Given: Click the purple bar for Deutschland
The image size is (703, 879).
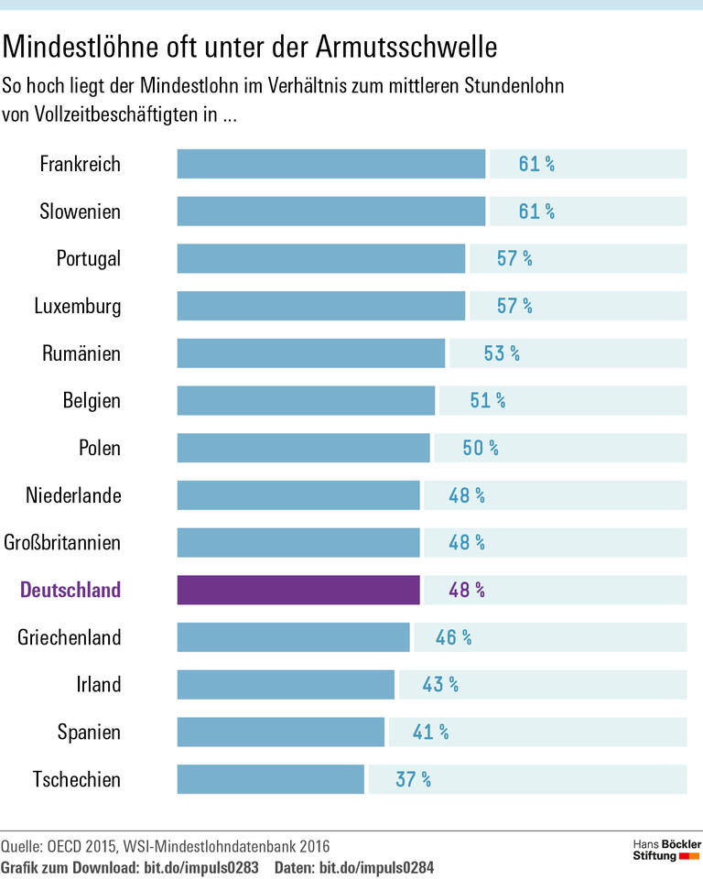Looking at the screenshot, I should (298, 591).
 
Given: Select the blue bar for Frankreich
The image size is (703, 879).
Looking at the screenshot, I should (330, 165).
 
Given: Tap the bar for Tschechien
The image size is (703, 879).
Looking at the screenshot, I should (271, 779).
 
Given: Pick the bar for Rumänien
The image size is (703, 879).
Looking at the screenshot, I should (310, 353).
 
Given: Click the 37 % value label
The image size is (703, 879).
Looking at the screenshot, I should (413, 779).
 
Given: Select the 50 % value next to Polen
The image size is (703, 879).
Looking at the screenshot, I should (481, 448).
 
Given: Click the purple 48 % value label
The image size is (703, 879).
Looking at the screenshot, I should (467, 591).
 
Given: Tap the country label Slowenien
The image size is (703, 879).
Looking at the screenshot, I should (81, 212).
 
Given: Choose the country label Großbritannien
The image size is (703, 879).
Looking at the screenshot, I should (62, 543).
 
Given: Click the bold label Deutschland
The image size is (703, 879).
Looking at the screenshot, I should (70, 591).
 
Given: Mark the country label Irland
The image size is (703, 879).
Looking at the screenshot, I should (98, 685).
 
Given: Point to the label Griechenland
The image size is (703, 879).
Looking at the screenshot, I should (70, 637).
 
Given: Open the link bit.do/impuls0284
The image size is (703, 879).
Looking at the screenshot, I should (376, 866).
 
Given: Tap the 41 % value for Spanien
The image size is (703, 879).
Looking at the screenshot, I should (430, 732).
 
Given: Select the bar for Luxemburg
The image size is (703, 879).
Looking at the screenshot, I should (320, 306).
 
